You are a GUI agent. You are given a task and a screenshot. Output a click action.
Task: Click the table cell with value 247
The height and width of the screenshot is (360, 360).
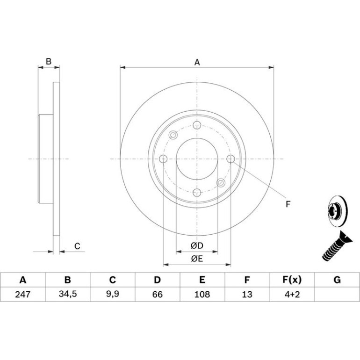coord(23,294)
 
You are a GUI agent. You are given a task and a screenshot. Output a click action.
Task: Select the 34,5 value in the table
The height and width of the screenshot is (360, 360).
coord(67,294)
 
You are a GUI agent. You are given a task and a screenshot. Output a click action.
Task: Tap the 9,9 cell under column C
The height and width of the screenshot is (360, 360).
coord(113,294)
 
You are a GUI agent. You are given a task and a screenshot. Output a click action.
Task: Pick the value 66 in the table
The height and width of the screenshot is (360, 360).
coord(157,294)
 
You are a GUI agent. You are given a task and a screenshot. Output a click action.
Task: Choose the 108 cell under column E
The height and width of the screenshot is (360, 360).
coord(202,294)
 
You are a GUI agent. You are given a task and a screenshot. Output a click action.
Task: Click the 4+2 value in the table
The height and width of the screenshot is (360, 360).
coord(292,294)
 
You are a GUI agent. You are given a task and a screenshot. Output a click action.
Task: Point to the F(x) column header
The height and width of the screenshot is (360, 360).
coord(292,280)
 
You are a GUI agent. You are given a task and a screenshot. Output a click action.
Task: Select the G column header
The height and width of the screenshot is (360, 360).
coord(337,280)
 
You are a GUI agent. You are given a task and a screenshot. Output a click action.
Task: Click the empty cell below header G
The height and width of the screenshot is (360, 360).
coord(337,294)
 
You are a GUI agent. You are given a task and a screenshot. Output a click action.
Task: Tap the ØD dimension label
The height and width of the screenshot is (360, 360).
coord(197,245)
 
